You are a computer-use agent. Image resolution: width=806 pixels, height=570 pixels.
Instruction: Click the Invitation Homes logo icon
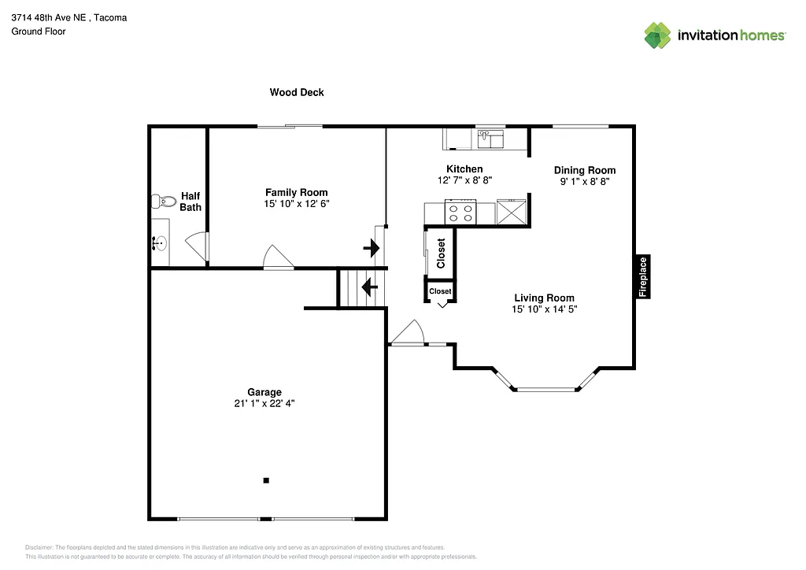point(657,35)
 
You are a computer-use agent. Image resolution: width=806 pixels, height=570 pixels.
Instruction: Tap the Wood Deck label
point(297,92)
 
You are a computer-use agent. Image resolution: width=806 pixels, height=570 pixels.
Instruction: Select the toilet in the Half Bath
point(158,201)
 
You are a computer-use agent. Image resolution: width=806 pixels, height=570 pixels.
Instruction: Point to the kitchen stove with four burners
point(460,213)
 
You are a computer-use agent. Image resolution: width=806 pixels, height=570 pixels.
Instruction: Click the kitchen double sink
point(491,139)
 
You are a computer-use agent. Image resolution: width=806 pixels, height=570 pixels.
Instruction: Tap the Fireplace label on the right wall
point(643,276)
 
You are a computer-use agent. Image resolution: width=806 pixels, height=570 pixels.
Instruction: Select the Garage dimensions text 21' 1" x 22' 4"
point(264,403)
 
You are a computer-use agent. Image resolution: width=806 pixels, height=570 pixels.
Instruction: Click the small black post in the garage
point(266,480)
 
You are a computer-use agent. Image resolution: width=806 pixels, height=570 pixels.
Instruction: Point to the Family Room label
point(296,192)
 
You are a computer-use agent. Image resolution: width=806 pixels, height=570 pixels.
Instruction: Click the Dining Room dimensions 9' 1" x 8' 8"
point(584,181)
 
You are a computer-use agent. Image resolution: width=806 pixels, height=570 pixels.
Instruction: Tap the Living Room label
point(544,298)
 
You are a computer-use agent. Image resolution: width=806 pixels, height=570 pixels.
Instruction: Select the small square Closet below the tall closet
point(440,291)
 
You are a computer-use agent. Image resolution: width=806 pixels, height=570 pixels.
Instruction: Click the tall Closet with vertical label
point(439,253)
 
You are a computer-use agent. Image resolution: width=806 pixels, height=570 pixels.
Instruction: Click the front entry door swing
point(407,334)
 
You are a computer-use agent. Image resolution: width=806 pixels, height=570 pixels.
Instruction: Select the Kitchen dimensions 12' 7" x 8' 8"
point(464,180)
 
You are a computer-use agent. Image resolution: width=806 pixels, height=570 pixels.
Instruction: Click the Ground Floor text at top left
point(38,31)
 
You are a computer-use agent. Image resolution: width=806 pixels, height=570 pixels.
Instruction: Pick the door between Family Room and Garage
point(278,257)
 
